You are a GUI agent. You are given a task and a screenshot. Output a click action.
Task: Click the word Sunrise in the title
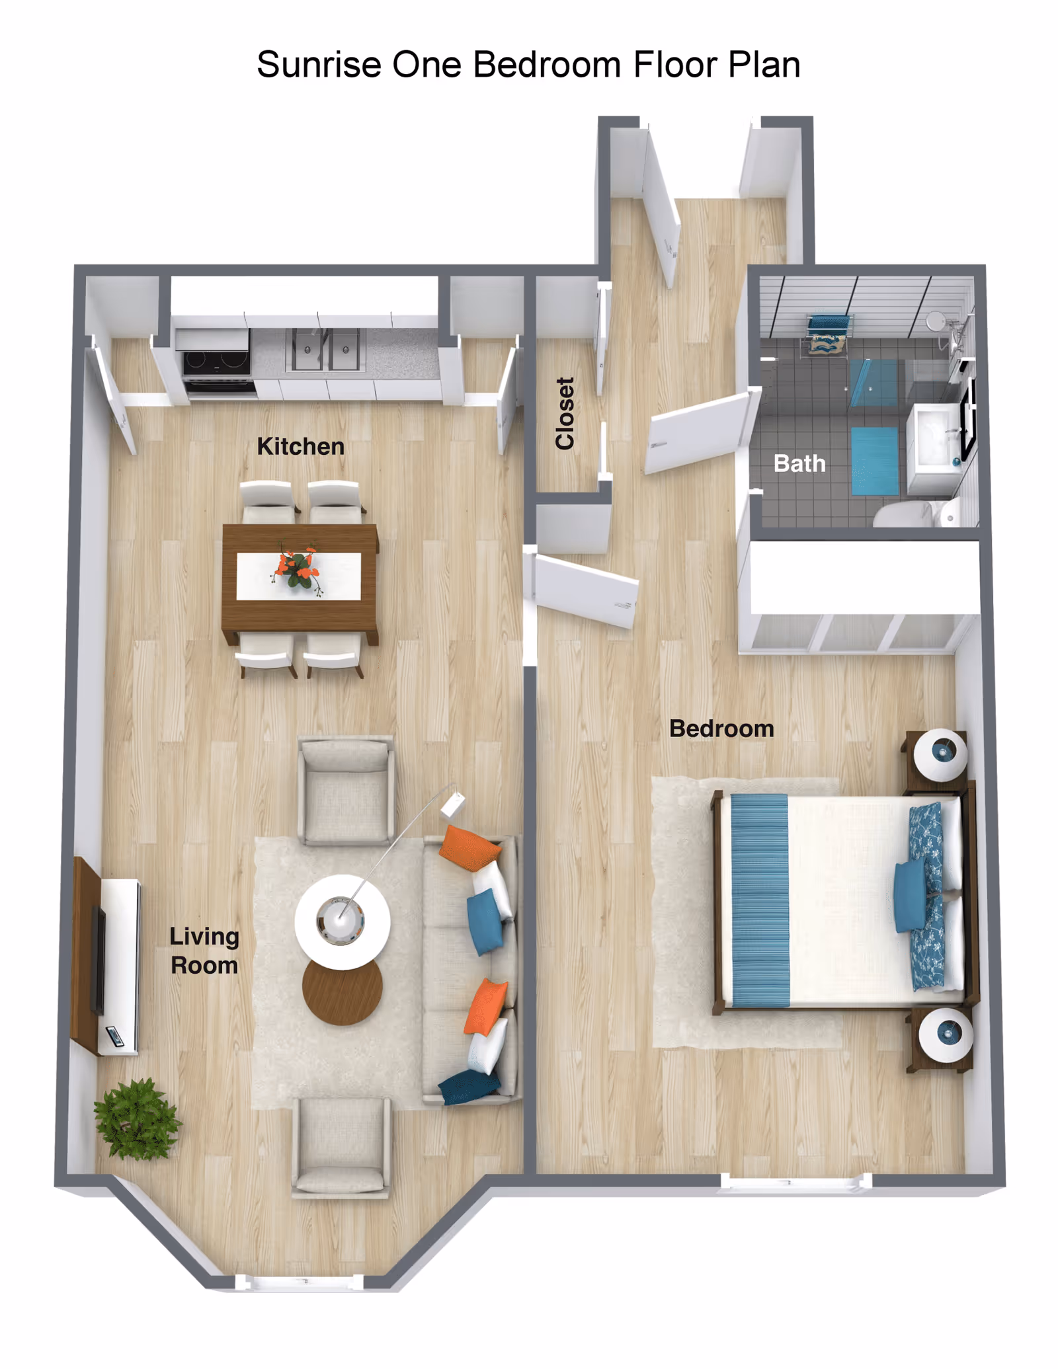[x=319, y=65]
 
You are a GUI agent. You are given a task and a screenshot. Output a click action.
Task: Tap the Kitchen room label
[x=300, y=446]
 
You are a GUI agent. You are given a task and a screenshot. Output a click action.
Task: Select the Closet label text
[x=565, y=413]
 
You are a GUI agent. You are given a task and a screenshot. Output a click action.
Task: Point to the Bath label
[x=799, y=463]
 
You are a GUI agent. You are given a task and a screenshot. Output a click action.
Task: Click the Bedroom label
[x=721, y=728]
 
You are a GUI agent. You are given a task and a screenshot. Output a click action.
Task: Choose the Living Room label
[x=204, y=951]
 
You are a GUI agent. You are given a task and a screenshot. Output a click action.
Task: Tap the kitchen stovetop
[x=216, y=361]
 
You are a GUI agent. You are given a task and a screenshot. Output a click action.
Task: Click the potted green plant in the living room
[x=136, y=1120]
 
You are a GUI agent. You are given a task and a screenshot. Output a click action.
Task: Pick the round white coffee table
[x=342, y=921]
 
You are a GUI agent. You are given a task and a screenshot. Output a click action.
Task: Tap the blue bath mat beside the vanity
[x=874, y=461]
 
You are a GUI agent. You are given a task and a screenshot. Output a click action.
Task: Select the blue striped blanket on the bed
[x=760, y=900]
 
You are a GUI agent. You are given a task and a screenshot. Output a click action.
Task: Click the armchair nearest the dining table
[x=346, y=790]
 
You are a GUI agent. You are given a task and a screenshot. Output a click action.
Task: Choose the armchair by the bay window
[x=341, y=1147]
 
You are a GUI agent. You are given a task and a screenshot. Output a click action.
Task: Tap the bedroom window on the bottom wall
[x=795, y=1182]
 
